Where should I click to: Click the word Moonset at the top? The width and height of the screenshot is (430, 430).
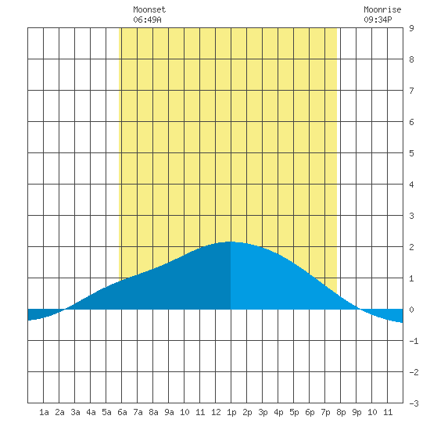[149, 9]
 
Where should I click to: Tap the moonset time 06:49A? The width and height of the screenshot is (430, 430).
[147, 20]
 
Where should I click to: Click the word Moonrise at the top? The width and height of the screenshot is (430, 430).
[382, 9]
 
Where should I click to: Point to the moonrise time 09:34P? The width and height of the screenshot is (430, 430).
[378, 20]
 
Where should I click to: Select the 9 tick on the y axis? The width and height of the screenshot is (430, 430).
[411, 28]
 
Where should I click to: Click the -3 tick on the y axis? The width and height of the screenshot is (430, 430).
[414, 403]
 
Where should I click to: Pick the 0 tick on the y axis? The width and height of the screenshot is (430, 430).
[411, 310]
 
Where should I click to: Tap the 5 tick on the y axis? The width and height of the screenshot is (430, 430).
[411, 153]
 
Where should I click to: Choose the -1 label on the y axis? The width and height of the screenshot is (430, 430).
[414, 341]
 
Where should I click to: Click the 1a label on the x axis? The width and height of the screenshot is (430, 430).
[44, 412]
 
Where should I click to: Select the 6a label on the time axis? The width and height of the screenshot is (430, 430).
[122, 412]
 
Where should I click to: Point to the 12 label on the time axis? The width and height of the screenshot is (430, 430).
[216, 412]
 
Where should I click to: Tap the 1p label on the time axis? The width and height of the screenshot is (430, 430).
[231, 412]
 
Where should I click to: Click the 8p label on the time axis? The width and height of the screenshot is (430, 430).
[341, 412]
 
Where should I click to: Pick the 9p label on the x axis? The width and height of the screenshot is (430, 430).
[357, 412]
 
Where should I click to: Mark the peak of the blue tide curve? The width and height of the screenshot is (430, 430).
[230, 242]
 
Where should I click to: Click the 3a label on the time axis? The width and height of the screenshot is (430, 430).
[75, 412]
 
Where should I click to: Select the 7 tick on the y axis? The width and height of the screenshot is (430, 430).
[411, 91]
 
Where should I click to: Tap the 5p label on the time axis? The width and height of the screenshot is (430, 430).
[294, 412]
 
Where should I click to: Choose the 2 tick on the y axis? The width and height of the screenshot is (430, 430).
[411, 247]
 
